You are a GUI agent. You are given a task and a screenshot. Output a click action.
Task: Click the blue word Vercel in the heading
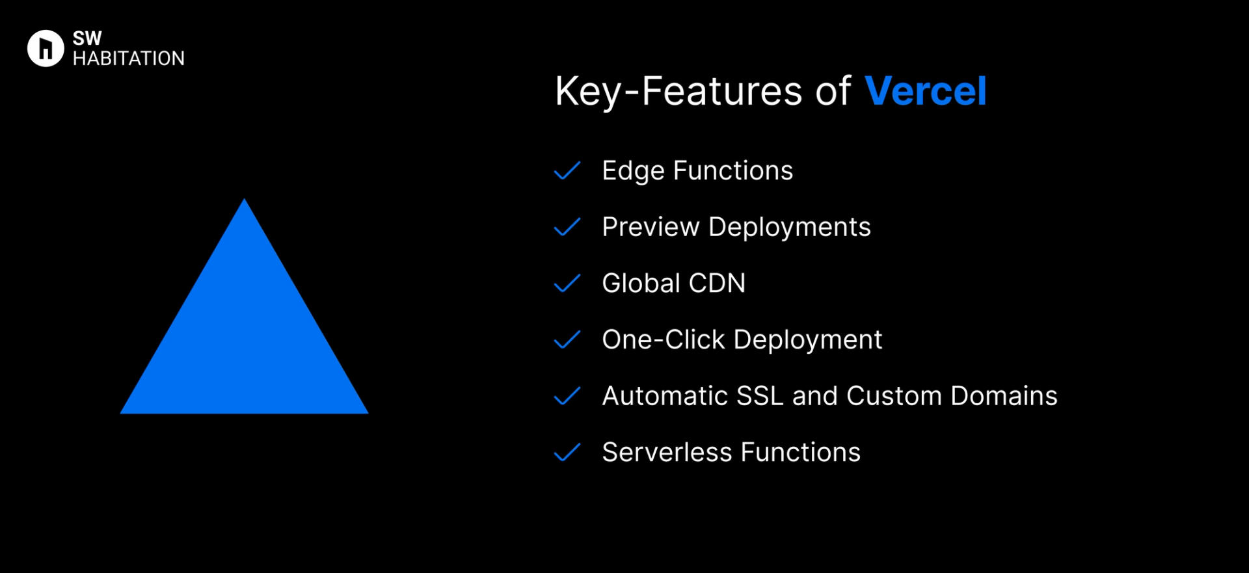pos(925,91)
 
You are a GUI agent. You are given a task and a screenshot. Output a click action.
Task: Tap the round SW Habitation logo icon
pos(46,48)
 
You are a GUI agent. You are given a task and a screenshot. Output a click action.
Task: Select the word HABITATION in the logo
pos(129,59)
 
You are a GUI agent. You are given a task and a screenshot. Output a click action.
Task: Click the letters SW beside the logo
pos(87,38)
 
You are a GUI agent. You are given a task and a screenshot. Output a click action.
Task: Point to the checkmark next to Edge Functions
pos(567,170)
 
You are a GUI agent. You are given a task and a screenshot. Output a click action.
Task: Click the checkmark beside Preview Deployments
pos(567,227)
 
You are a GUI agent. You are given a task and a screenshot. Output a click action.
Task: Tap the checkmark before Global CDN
pos(567,284)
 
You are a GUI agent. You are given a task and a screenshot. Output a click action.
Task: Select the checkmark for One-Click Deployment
pos(567,340)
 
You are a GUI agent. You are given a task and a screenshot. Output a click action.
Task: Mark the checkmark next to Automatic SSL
pos(567,396)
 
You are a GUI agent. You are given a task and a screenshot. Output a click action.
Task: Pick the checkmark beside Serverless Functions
pos(567,452)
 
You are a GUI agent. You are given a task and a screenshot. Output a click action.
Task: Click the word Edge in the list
pos(633,171)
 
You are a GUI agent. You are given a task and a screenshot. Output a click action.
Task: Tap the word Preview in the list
pos(651,227)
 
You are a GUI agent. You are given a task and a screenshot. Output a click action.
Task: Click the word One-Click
pos(663,340)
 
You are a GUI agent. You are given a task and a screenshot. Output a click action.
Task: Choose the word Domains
pos(1004,396)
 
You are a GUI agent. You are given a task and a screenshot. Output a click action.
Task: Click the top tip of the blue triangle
pos(245,202)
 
